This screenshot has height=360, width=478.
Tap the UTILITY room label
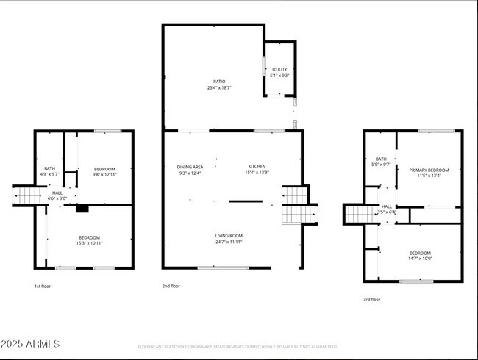click(x=279, y=70)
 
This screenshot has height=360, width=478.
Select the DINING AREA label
click(x=189, y=166)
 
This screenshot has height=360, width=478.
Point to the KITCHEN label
click(x=257, y=166)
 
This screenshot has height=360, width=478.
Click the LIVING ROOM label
click(x=229, y=236)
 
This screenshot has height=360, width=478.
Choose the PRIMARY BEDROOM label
click(x=429, y=170)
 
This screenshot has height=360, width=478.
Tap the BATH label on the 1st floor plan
click(x=49, y=168)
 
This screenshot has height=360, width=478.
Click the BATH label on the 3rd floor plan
click(x=381, y=159)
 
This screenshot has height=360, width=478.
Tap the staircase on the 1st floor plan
click(x=29, y=196)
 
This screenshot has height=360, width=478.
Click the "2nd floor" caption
click(x=170, y=286)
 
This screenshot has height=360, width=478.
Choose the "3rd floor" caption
click(x=372, y=299)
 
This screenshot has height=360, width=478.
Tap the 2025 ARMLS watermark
click(x=31, y=344)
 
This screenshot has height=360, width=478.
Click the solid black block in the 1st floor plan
click(x=82, y=209)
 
